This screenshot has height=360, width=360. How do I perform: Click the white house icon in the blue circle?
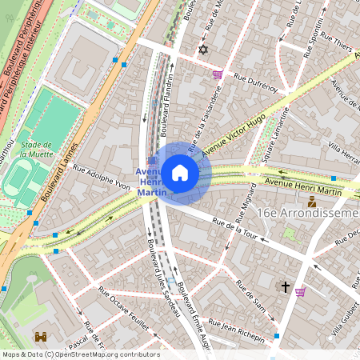pos(180,173)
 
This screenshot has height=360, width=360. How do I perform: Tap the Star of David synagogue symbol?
pos(202,50)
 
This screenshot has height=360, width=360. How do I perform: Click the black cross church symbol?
pos(285,285)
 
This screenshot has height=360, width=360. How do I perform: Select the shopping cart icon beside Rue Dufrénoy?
pos(218,74)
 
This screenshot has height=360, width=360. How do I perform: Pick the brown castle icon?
pos(42,338)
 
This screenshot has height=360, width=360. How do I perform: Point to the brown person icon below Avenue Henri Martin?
pos(311,202)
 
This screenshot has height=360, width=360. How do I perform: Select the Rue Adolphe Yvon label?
pos(102,177)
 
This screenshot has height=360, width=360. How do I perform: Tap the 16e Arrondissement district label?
pos(308,214)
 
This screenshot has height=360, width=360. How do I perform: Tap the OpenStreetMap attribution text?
pos(80,354)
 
